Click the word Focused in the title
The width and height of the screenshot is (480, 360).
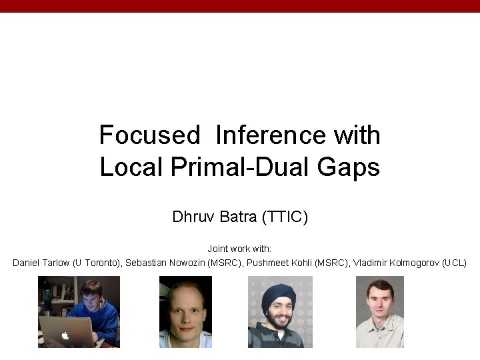click(149, 135)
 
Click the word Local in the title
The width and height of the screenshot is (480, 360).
click(131, 167)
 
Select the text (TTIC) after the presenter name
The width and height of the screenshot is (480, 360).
click(285, 217)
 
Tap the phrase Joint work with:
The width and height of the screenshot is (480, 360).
click(239, 248)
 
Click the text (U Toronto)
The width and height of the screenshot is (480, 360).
click(97, 263)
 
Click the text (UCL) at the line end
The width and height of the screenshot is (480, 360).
click(455, 263)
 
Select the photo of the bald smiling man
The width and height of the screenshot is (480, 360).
click(185, 312)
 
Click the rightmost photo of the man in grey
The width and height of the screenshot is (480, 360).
click(379, 312)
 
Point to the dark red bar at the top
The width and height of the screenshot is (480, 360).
click(240, 6)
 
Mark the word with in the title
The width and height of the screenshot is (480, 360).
click(357, 135)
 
